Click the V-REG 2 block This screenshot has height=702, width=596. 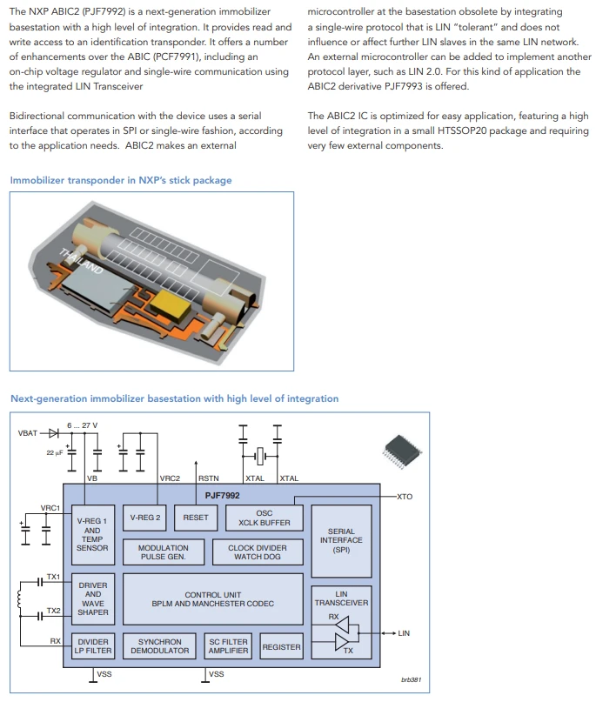pyautogui.click(x=144, y=518)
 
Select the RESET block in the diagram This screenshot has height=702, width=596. pyautogui.click(x=196, y=518)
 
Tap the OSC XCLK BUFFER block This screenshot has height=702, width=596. pyautogui.click(x=265, y=518)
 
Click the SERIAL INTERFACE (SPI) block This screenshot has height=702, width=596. pyautogui.click(x=341, y=541)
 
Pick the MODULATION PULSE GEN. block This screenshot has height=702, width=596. pyautogui.click(x=164, y=552)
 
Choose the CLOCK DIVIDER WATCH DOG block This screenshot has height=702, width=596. pyautogui.click(x=258, y=552)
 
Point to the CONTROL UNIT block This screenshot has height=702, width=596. pyautogui.click(x=212, y=599)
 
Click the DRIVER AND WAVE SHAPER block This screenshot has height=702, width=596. pyautogui.click(x=93, y=598)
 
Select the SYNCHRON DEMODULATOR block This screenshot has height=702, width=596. pyautogui.click(x=160, y=646)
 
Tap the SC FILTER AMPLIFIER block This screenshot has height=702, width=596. pyautogui.click(x=228, y=646)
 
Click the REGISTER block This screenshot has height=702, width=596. pyautogui.click(x=281, y=646)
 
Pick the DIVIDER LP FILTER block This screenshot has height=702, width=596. pyautogui.click(x=93, y=646)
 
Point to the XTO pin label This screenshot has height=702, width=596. pyautogui.click(x=405, y=497)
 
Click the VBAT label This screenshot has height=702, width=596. pyautogui.click(x=27, y=433)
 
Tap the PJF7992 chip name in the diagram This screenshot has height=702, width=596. pyautogui.click(x=222, y=495)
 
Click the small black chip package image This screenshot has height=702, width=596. pyautogui.click(x=403, y=451)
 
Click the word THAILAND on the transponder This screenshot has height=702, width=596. pyautogui.click(x=81, y=261)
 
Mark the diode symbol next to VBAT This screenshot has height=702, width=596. pyautogui.click(x=54, y=433)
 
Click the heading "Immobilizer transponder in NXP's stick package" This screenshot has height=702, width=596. pyautogui.click(x=121, y=180)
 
